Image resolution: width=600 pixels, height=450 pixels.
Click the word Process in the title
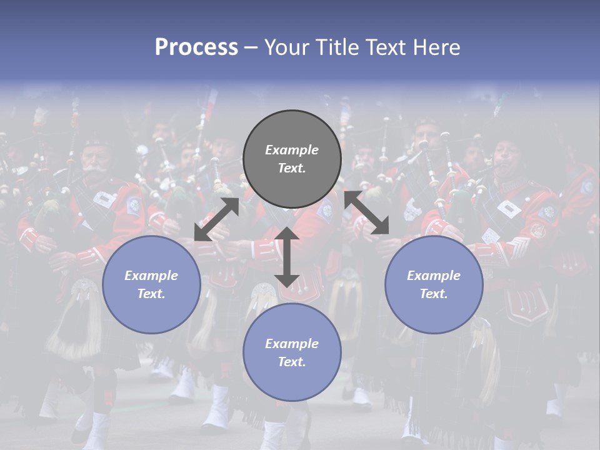196,47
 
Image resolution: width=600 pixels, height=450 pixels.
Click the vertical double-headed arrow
287,257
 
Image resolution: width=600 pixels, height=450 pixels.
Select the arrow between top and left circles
217,219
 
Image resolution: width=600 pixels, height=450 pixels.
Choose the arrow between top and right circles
367,212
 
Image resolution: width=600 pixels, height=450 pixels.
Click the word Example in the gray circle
292,150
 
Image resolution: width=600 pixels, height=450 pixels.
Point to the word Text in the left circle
151,294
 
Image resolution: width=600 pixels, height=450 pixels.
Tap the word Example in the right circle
434,276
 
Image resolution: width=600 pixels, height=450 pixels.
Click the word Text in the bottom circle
292,362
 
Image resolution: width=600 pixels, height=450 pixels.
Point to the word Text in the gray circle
292,168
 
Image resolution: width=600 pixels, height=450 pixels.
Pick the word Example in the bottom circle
292,344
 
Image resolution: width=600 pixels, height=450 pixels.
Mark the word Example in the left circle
151,276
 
